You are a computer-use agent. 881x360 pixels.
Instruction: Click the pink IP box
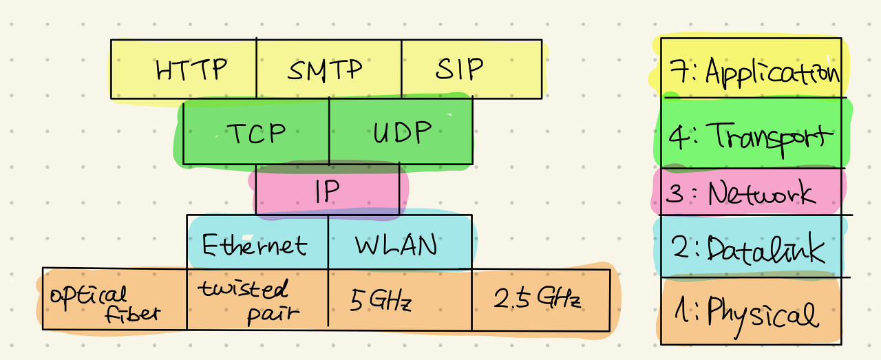[x=328, y=191]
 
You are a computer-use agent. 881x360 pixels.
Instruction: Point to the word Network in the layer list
[x=761, y=193]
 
